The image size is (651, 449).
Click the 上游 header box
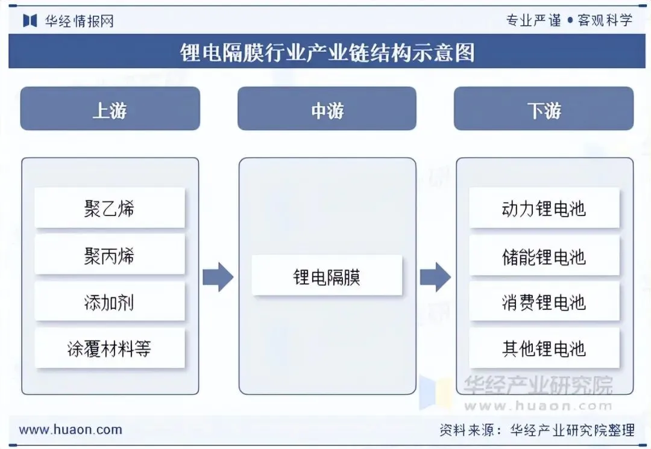pos(110,108)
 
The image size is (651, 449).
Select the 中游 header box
pos(327,108)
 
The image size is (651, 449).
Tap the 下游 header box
pos(544,108)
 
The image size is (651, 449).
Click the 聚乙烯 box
pos(110,208)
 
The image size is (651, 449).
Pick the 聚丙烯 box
pos(110,255)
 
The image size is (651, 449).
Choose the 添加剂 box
pos(110,302)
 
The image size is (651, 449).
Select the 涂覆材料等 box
pos(110,348)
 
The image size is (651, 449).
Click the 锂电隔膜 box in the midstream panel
pos(327,276)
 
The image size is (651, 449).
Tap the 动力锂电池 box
pos(544,208)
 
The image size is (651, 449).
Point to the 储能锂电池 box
pos(544,255)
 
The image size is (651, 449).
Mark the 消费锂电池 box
pos(544,302)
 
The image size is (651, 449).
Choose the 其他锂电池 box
pos(544,348)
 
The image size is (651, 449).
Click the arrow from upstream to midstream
pos(218,277)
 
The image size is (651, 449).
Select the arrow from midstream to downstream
pos(436,277)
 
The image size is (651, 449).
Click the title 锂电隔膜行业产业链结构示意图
pos(327,52)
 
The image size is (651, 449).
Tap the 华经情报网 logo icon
pos(30,20)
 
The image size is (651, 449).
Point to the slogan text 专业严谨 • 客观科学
pos(569,20)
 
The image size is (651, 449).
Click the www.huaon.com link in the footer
pos(71,430)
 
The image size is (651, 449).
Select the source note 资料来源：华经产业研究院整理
pos(537,430)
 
